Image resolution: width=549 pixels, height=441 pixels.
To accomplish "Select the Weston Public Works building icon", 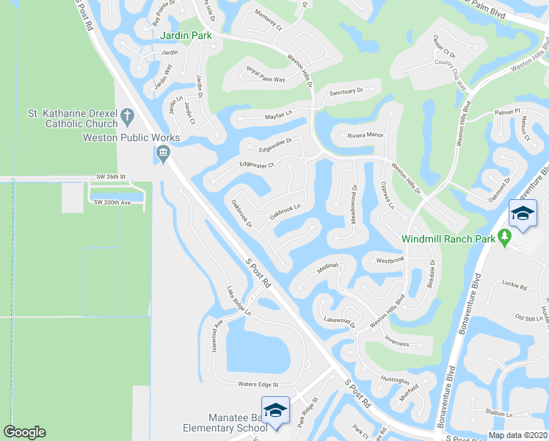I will coord(163,154).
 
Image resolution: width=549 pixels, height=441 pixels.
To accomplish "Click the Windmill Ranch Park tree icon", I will coord(503,236).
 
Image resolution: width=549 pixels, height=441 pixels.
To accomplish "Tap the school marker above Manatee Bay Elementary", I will coord(275,410).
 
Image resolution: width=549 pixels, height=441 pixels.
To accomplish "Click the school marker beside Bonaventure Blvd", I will coord(522,213).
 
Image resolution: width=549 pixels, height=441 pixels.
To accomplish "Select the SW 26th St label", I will coord(112,177).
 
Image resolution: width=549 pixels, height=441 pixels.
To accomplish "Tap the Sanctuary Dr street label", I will coord(346,92).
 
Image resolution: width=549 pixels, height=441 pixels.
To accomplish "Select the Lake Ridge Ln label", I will coord(239,302).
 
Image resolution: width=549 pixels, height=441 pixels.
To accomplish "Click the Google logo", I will coord(24,432).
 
